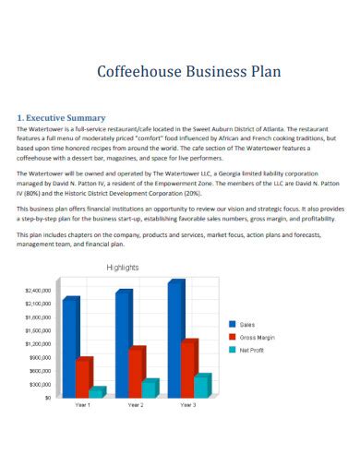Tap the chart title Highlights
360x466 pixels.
point(123,267)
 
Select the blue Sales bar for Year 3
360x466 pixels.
point(174,338)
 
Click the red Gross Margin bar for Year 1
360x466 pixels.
point(83,376)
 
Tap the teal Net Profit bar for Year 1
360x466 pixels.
point(96,391)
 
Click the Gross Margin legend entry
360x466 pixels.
point(255,337)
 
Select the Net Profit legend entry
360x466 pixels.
point(251,350)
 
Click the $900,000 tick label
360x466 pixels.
point(40,357)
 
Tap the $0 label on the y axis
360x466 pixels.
point(46,398)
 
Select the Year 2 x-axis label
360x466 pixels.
point(136,405)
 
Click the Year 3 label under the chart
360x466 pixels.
point(188,405)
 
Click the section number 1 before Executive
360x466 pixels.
point(21,118)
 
